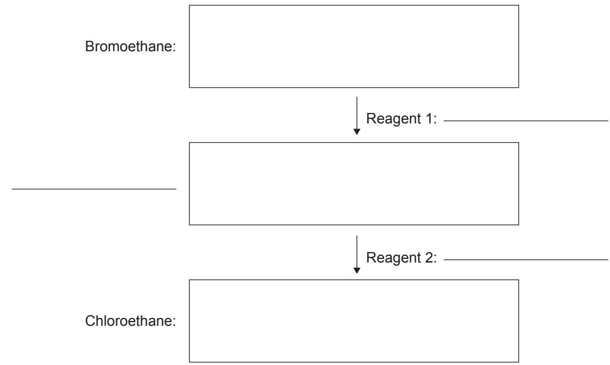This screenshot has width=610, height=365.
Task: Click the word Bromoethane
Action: pos(129,47)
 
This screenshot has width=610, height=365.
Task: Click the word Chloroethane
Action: pos(129,321)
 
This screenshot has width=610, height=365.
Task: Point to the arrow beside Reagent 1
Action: pos(356,116)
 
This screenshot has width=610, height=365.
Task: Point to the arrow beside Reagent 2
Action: pos(356,255)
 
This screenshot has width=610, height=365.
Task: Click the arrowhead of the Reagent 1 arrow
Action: pos(356,132)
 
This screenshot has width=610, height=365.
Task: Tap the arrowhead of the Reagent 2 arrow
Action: pos(356,271)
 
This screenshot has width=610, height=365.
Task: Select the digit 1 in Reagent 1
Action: pos(428,118)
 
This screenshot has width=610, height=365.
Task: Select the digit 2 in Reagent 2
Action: pos(428,257)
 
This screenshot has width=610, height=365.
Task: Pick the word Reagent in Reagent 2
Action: pos(394,258)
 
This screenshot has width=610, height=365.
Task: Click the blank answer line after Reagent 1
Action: pos(525,121)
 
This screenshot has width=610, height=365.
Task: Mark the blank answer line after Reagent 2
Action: pos(525,259)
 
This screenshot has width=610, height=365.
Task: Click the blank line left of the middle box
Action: pos(94,189)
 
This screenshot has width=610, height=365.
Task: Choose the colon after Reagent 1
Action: pos(435,120)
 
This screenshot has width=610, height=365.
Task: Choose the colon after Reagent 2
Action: pos(435,259)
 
